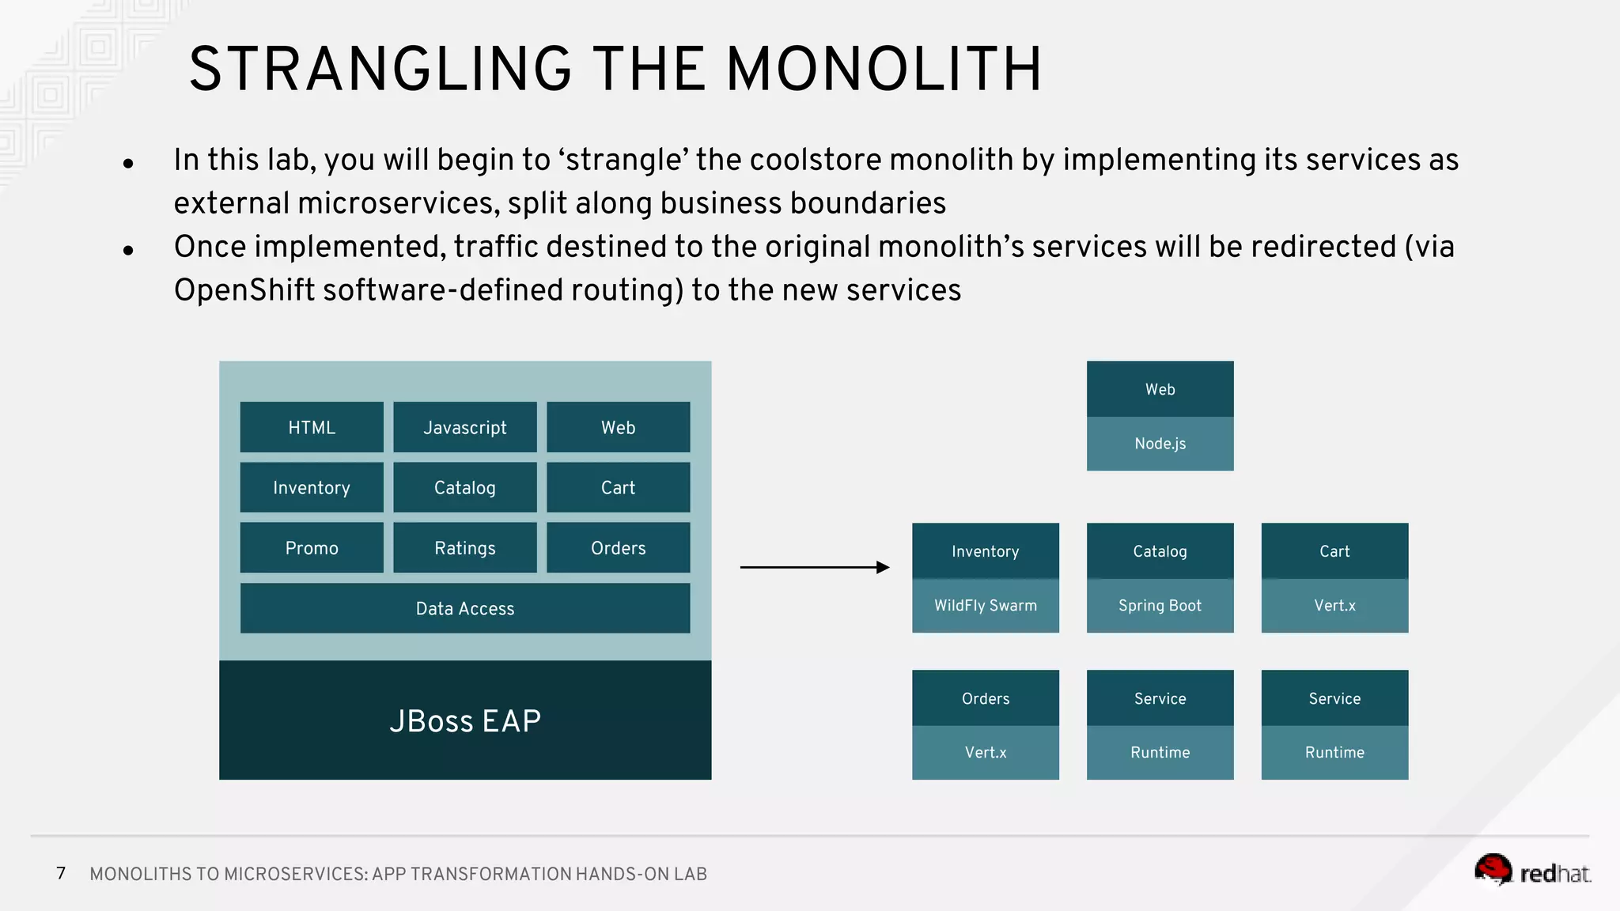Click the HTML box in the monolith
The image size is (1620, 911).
[312, 427]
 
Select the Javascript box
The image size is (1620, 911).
[465, 427]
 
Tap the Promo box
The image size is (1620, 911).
[312, 548]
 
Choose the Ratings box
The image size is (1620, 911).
[465, 548]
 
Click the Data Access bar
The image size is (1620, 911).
[465, 608]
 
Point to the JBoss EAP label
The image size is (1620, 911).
[465, 720]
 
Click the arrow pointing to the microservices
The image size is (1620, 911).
[815, 567]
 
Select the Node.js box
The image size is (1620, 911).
[1160, 444]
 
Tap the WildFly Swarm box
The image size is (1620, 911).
[985, 606]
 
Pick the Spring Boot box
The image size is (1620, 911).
[1160, 606]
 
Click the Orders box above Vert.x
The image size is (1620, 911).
[985, 698]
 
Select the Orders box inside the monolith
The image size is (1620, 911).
[618, 548]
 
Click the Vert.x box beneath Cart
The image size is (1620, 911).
[1334, 606]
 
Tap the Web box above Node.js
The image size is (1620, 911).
[1160, 389]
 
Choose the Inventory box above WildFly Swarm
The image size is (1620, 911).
[985, 551]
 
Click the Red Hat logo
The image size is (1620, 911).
[1531, 871]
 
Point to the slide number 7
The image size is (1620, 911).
[61, 873]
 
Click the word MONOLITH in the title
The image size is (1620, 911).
[884, 70]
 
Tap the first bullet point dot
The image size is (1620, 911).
[128, 164]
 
